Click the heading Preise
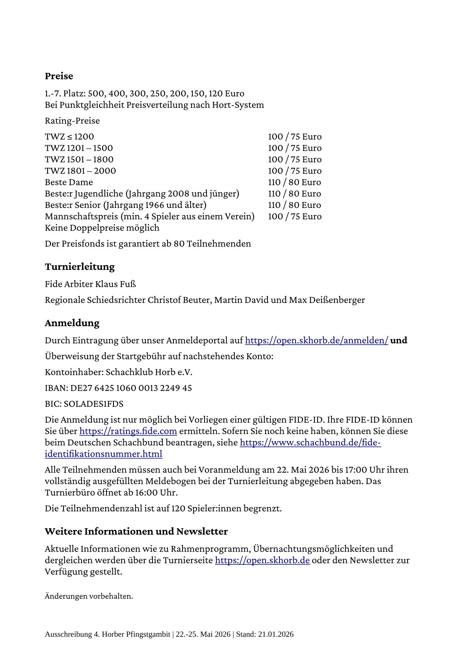click(59, 76)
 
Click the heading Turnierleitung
click(80, 267)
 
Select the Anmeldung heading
click(72, 323)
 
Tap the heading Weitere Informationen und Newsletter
click(136, 531)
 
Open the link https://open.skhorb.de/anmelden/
click(316, 340)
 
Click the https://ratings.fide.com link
click(128, 431)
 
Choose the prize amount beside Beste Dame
click(294, 182)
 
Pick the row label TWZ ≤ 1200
click(69, 137)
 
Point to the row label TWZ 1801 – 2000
click(80, 171)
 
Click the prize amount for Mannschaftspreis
click(294, 217)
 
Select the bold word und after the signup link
click(398, 340)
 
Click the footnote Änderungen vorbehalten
click(89, 596)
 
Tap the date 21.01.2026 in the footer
click(275, 634)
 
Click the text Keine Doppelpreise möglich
click(102, 228)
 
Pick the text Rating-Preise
click(72, 121)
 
